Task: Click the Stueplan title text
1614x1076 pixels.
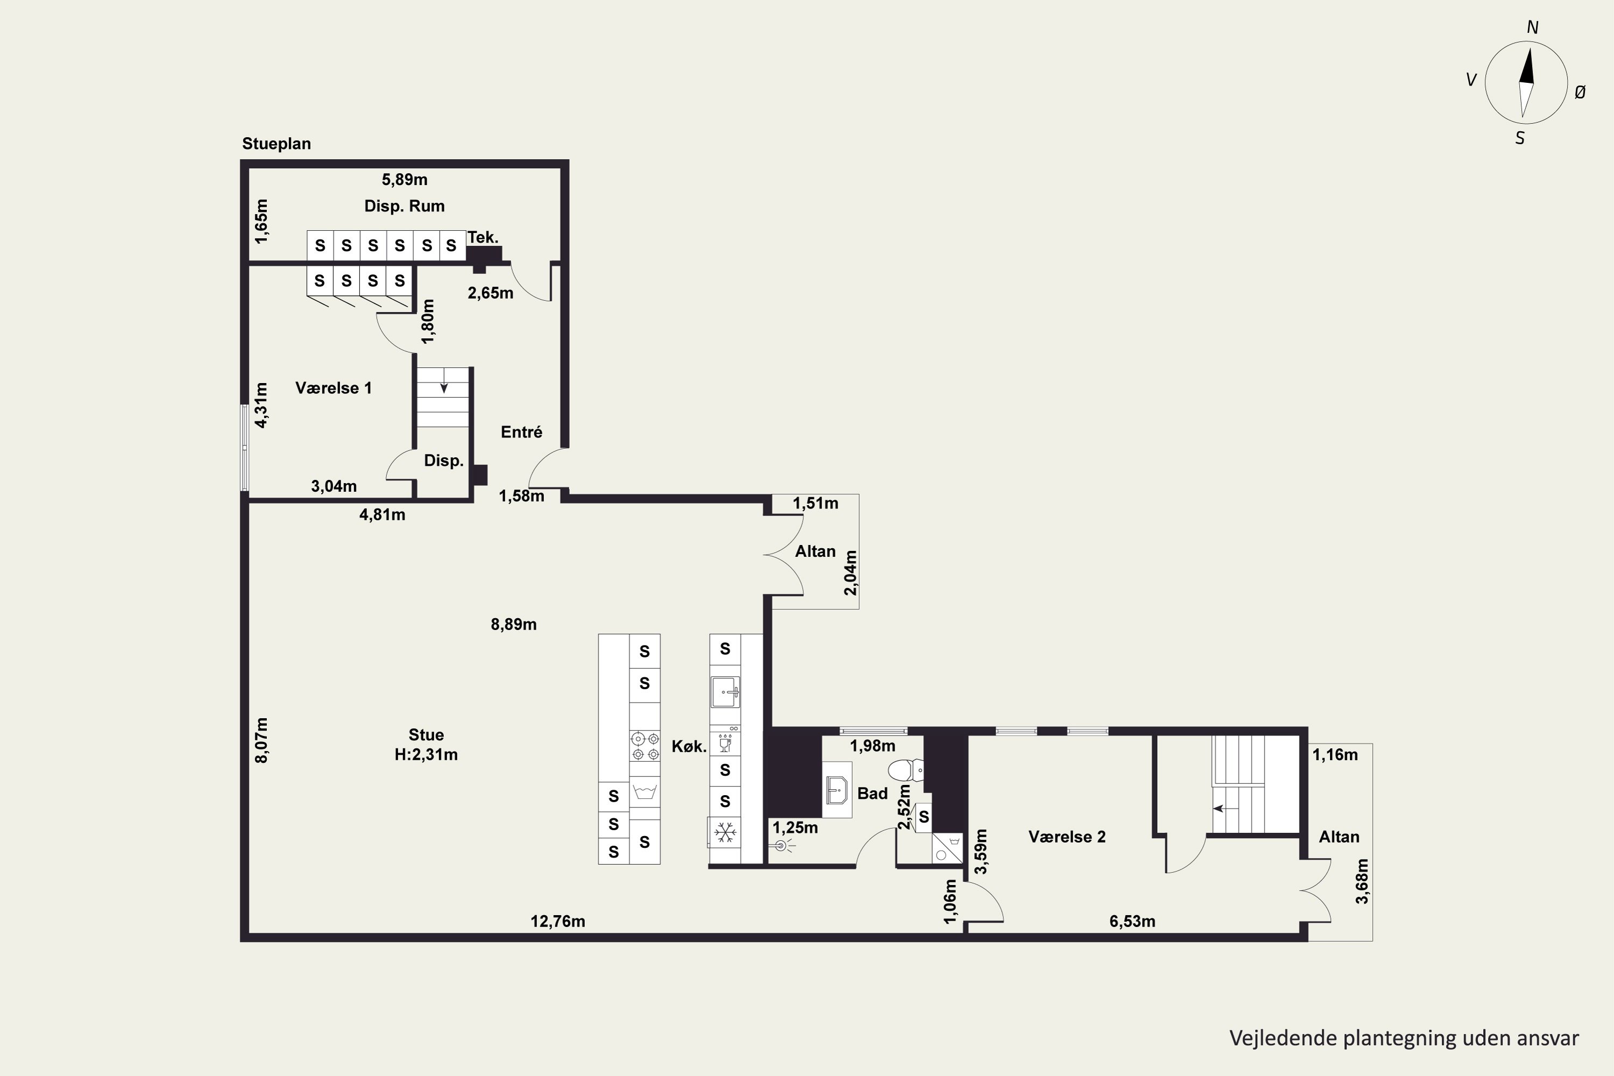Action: (277, 144)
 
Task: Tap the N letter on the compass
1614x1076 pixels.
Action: (1532, 27)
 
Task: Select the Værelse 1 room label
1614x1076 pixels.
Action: (334, 388)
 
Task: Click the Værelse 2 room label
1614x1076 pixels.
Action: (1067, 837)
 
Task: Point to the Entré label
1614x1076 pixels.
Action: (521, 431)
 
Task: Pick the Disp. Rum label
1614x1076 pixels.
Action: (404, 206)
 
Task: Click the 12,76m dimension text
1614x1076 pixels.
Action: (558, 921)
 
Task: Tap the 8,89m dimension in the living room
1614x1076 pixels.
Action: (513, 625)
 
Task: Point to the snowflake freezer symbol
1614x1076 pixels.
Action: (724, 833)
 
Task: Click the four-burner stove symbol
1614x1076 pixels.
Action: (645, 746)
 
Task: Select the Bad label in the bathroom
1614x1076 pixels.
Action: (872, 793)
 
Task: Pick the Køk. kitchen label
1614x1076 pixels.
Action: (689, 747)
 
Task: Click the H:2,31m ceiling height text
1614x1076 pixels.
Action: (426, 755)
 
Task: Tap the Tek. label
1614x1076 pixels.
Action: (483, 237)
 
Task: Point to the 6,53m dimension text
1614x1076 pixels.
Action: (1132, 921)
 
